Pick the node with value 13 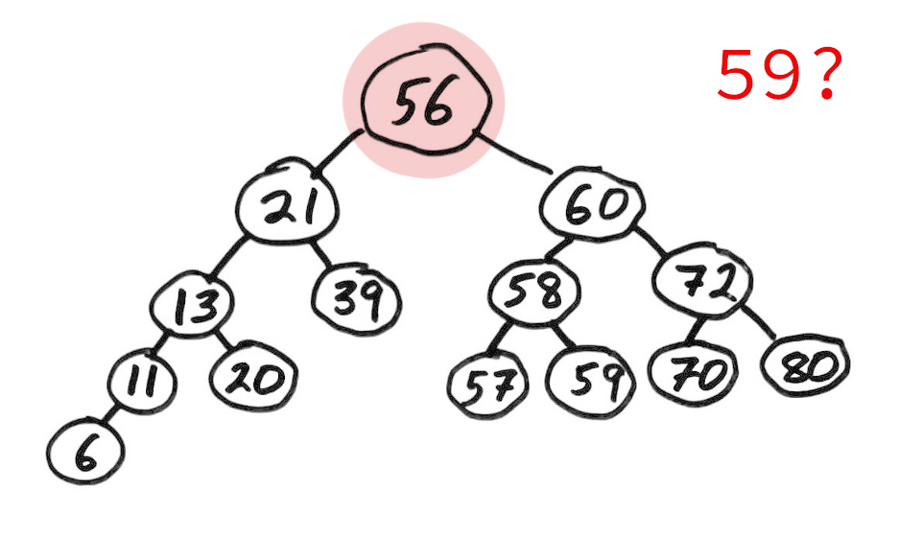coord(192,304)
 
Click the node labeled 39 coord(356,299)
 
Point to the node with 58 coord(533,292)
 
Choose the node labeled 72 coord(703,281)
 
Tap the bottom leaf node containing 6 coord(84,452)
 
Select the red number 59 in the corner coord(757,75)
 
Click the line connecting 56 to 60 coord(513,152)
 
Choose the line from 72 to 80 coord(758,321)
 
